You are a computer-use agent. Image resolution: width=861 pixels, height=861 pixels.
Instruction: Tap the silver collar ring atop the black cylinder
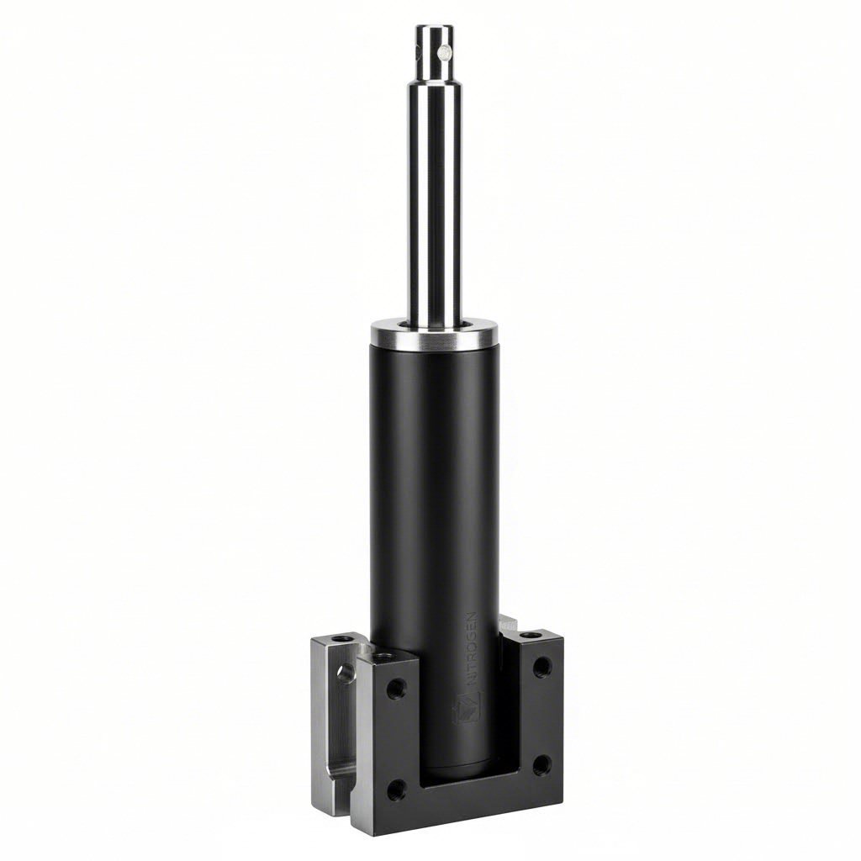click(x=434, y=336)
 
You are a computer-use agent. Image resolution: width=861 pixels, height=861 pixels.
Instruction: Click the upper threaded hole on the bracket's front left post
click(x=396, y=688)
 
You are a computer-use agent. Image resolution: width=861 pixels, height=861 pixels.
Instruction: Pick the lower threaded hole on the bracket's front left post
click(x=396, y=789)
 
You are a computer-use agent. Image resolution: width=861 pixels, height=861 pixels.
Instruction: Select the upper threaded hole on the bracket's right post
click(x=542, y=667)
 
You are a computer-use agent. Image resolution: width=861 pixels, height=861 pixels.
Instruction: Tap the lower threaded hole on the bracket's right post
click(x=542, y=763)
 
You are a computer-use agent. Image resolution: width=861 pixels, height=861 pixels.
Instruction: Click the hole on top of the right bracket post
click(x=530, y=635)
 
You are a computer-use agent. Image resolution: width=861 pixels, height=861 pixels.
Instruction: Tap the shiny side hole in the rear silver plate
click(x=345, y=673)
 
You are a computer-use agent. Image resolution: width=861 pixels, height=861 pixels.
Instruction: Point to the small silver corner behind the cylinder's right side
click(x=507, y=625)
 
